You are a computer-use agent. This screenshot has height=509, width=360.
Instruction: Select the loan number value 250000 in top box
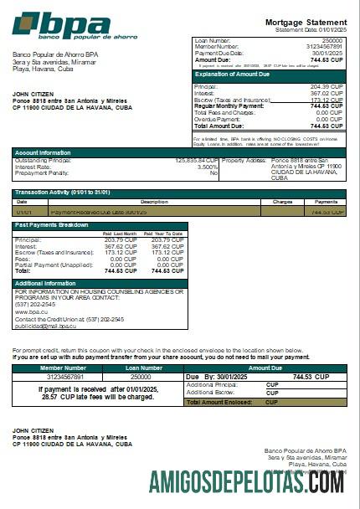pyautogui.click(x=332, y=40)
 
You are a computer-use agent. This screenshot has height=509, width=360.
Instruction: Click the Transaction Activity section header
pyautogui.click(x=63, y=193)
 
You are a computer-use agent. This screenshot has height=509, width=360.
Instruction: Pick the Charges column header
pyautogui.click(x=281, y=202)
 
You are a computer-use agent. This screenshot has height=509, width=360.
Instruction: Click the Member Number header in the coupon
pyautogui.click(x=63, y=368)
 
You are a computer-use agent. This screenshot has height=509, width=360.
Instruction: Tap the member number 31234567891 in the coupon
pyautogui.click(x=63, y=377)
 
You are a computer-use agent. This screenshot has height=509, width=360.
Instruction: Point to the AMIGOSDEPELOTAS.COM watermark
pyautogui.click(x=246, y=482)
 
